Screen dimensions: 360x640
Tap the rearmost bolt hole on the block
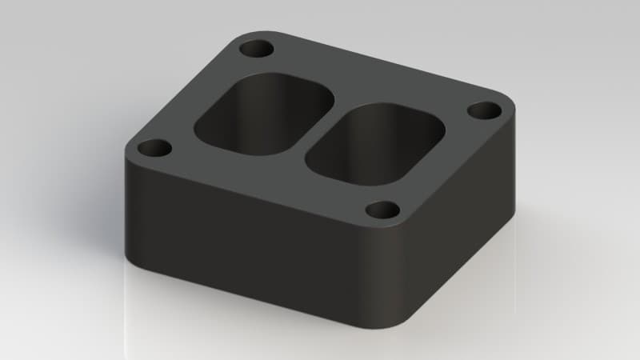pyautogui.click(x=257, y=50)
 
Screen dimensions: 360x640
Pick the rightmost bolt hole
pyautogui.click(x=482, y=110)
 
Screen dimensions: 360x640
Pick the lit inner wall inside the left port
pyautogui.click(x=240, y=120)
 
